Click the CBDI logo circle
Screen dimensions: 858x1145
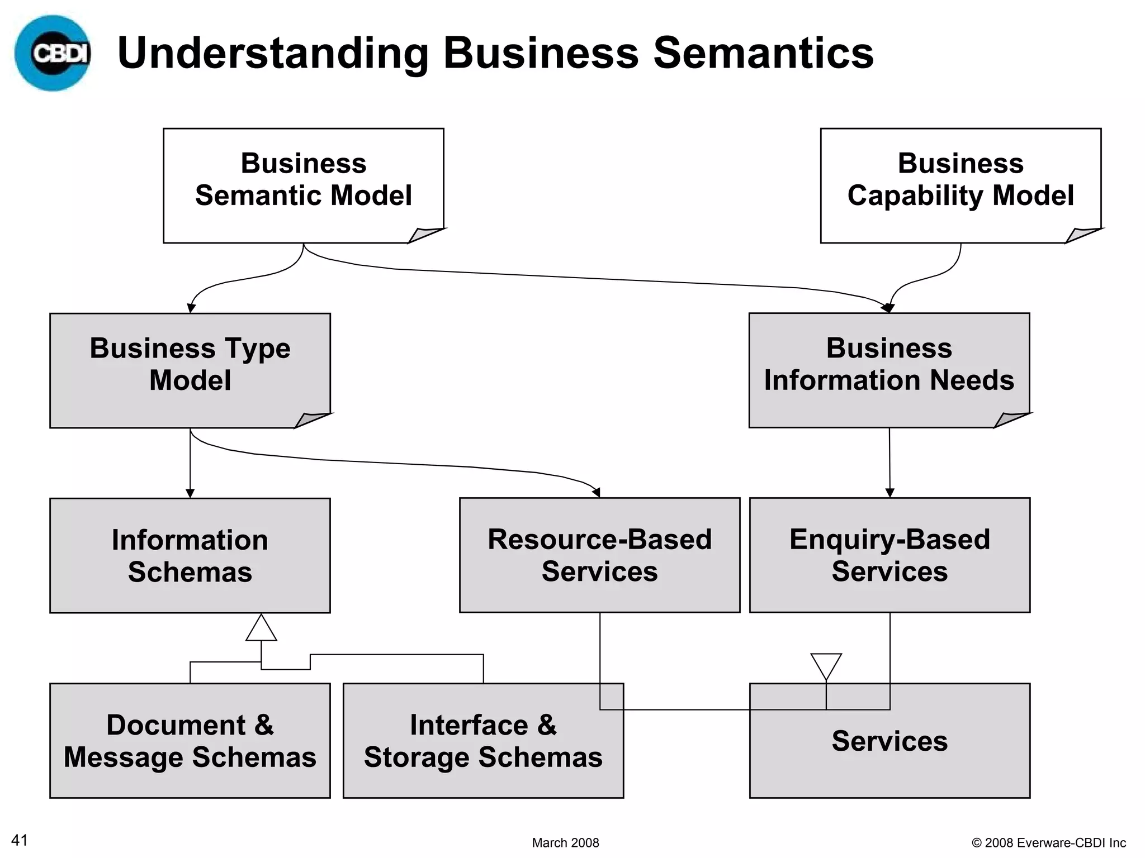coord(53,53)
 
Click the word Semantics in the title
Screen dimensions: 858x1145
coord(763,53)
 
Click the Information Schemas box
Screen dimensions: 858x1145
coord(190,555)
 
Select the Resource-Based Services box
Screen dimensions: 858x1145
coord(599,555)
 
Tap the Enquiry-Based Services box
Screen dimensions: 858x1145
coord(889,555)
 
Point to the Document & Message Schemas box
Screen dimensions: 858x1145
coord(190,741)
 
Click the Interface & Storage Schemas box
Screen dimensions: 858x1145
coord(483,741)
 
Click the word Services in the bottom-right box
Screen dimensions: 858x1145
coord(889,741)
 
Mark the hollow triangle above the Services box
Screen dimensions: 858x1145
coord(826,665)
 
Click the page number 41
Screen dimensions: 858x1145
coord(20,840)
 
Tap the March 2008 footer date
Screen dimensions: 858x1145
coord(565,842)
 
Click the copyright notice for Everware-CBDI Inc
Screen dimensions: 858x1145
coord(1048,842)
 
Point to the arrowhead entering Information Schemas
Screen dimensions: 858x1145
coord(190,493)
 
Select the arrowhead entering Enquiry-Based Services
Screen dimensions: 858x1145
coord(889,493)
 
